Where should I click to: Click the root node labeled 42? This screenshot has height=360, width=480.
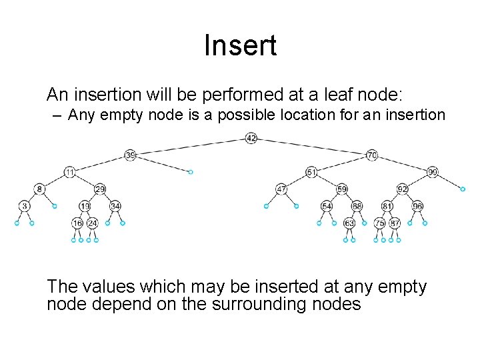[x=251, y=138]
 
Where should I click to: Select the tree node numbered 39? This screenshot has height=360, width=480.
[x=130, y=155]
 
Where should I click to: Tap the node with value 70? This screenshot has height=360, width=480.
[x=372, y=155]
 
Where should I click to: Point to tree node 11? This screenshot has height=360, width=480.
[x=69, y=172]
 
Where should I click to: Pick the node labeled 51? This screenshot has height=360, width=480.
[x=311, y=172]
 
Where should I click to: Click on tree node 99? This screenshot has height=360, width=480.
[x=433, y=172]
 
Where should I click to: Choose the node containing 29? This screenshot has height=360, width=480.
[x=100, y=189]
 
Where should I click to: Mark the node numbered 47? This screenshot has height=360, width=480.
[x=281, y=189]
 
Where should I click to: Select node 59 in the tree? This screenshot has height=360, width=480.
[x=342, y=189]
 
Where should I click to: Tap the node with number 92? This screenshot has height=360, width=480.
[x=403, y=189]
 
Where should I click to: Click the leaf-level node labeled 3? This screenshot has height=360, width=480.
[x=24, y=206]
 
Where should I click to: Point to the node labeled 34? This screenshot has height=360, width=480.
[x=115, y=206]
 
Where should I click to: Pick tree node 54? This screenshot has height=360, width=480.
[x=327, y=206]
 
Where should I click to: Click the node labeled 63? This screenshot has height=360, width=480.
[x=349, y=223]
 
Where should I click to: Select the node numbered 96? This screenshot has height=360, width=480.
[x=417, y=206]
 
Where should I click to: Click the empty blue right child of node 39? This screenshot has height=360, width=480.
[x=191, y=172]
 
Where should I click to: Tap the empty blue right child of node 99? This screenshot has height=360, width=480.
[x=463, y=189]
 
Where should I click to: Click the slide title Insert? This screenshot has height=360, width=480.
[x=240, y=46]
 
